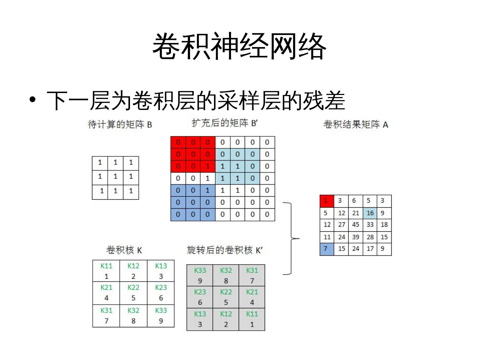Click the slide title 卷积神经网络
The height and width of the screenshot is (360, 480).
[239, 46]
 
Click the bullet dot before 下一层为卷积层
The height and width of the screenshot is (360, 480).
[32, 100]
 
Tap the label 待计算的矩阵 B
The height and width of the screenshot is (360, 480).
[120, 124]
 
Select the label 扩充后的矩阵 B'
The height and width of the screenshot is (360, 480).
[225, 123]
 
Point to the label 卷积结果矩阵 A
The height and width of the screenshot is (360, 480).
[356, 124]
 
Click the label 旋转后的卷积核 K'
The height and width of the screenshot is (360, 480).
[225, 250]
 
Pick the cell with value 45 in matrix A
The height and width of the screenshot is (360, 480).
[355, 225]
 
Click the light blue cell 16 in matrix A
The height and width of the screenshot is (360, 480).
[370, 213]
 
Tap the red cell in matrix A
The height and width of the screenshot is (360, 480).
[327, 201]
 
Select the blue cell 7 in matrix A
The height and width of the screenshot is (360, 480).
[327, 249]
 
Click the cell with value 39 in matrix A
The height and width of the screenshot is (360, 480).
[355, 237]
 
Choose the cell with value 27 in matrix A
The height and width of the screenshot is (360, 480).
[341, 225]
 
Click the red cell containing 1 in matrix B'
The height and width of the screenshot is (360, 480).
[208, 166]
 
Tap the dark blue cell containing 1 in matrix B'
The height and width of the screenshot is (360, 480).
[208, 190]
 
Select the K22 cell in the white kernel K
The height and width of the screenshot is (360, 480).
[133, 293]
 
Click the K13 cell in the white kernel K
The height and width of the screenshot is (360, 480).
[161, 271]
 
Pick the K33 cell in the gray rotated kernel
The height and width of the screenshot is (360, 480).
[200, 275]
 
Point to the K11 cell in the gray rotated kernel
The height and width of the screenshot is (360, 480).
[252, 319]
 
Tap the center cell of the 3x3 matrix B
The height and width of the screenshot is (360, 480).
[115, 176]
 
